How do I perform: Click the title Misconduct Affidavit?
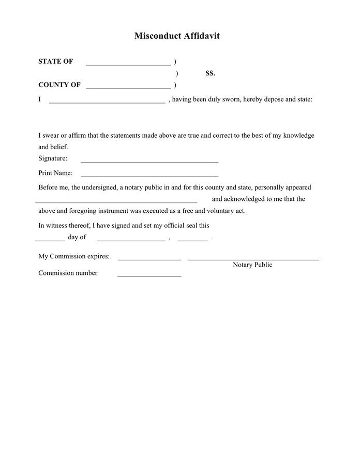(x=177, y=36)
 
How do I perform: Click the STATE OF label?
(x=55, y=62)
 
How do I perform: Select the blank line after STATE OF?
(x=128, y=64)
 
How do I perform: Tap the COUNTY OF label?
(x=59, y=85)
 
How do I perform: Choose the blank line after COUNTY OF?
(x=128, y=88)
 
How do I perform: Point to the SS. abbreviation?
(x=210, y=74)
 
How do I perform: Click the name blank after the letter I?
(x=107, y=102)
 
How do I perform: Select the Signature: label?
(x=53, y=158)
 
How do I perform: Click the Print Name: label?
(x=55, y=173)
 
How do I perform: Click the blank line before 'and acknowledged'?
(x=116, y=201)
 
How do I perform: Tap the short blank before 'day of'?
(x=50, y=240)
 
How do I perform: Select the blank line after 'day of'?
(x=130, y=240)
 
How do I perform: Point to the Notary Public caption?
(x=252, y=265)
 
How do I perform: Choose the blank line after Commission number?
(x=149, y=275)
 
